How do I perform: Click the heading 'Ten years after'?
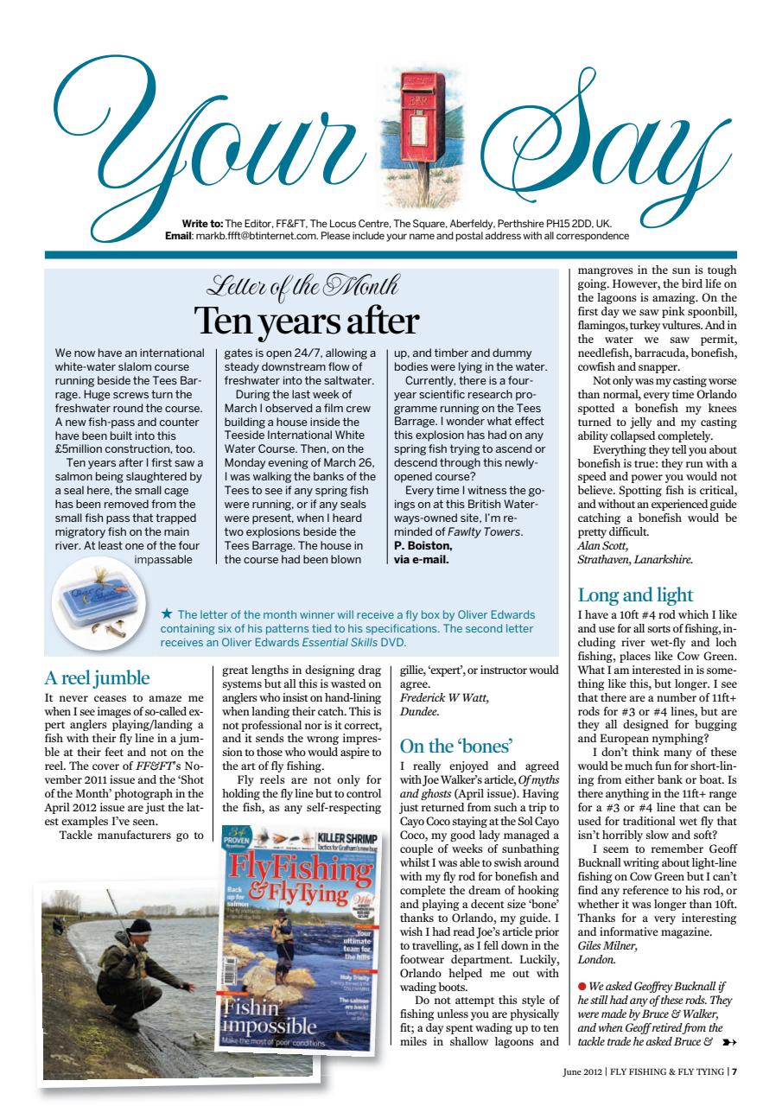pyautogui.click(x=306, y=320)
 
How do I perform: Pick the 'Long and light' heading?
pyautogui.click(x=635, y=594)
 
